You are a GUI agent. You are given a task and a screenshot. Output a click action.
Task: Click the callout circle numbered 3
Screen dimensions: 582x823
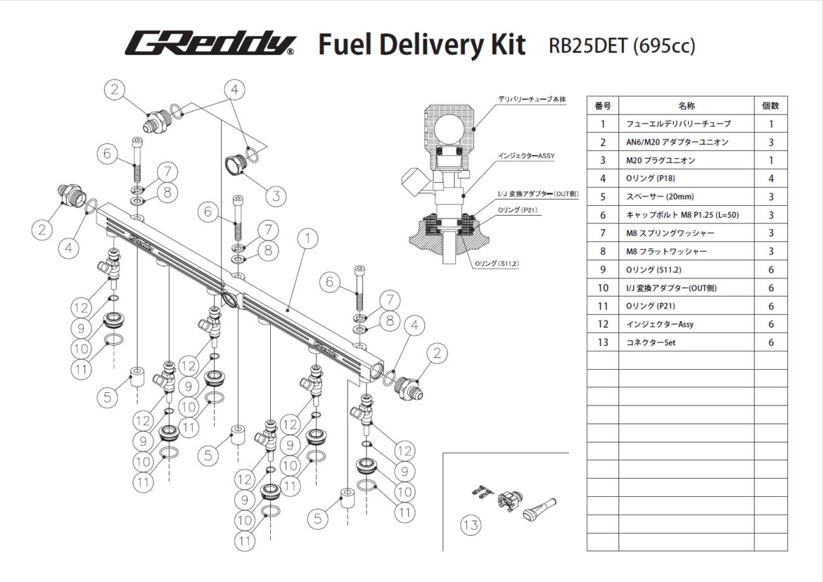point(276,195)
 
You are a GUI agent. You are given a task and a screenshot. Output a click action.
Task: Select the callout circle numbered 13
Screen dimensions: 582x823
point(471,525)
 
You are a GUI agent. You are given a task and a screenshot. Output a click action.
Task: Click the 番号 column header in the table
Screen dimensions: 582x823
point(602,105)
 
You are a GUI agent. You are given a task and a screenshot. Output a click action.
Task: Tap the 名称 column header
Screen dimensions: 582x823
point(686,105)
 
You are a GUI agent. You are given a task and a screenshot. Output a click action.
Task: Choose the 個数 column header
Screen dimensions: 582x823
point(770,105)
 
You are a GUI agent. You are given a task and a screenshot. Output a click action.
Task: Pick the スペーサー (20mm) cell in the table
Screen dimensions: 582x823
point(660,197)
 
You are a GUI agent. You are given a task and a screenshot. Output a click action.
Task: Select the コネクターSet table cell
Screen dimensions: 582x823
point(650,343)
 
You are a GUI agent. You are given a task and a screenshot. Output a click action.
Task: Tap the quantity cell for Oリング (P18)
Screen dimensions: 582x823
point(771,179)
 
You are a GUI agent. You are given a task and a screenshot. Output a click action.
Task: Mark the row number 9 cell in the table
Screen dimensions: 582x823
point(602,270)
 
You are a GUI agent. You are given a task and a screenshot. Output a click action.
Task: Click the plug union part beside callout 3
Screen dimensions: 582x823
point(235,166)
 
